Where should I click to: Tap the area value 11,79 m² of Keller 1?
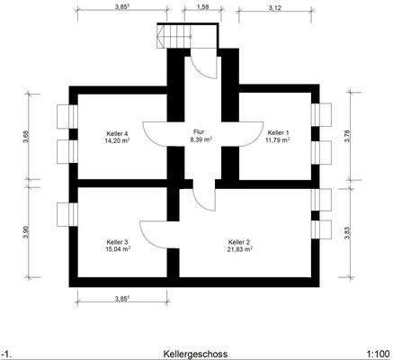pyautogui.click(x=278, y=139)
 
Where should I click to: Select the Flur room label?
pyautogui.click(x=199, y=131)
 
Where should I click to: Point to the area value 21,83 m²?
pyautogui.click(x=240, y=249)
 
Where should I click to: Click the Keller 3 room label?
pyautogui.click(x=118, y=242)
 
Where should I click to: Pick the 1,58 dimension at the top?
pyautogui.click(x=203, y=8)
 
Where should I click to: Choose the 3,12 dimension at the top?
pyautogui.click(x=274, y=8)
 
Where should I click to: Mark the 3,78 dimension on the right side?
pyautogui.click(x=347, y=136)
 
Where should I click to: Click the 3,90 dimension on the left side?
pyautogui.click(x=26, y=231)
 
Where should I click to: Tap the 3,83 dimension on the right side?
pyautogui.click(x=347, y=233)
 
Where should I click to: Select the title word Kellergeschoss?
pyautogui.click(x=195, y=354)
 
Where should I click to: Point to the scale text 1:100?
pyautogui.click(x=378, y=354)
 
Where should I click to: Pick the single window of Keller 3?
pyautogui.click(x=67, y=214)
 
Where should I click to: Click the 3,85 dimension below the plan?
pyautogui.click(x=122, y=299)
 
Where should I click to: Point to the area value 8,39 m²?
pyautogui.click(x=201, y=139)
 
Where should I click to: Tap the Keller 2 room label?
pyautogui.click(x=239, y=242)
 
